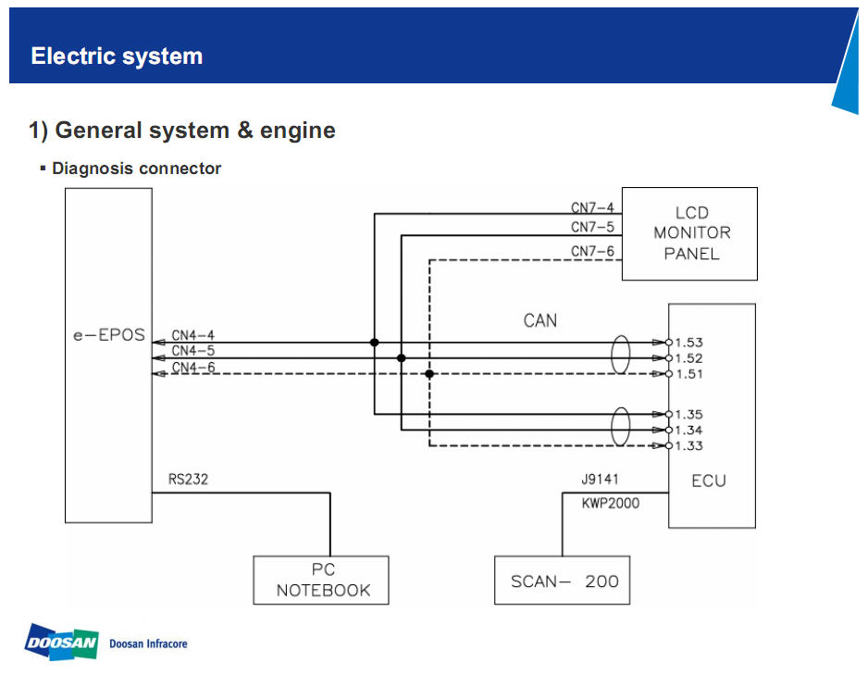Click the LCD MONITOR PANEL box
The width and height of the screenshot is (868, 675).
(x=689, y=233)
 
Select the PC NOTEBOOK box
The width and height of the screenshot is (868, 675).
(x=322, y=580)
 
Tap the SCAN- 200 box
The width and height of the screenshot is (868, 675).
(x=562, y=581)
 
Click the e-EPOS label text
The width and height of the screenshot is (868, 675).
(x=109, y=335)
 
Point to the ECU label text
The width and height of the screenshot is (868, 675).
(x=709, y=481)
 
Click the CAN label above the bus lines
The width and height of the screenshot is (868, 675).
(x=540, y=320)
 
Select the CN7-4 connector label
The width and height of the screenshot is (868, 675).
(x=592, y=208)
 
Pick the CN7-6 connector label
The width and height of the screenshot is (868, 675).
(x=592, y=252)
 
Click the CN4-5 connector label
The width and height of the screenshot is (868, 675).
(x=192, y=351)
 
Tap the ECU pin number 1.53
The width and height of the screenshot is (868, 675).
(x=689, y=343)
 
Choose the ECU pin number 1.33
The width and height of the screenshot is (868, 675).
(x=689, y=446)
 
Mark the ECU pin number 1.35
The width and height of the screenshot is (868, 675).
(x=689, y=415)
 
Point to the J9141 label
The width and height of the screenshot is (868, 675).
(x=600, y=481)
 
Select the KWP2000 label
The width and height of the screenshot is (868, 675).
(x=610, y=503)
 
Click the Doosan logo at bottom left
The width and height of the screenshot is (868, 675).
(x=61, y=642)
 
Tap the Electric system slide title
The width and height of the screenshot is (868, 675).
(x=117, y=56)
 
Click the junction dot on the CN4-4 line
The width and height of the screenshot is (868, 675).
(x=374, y=343)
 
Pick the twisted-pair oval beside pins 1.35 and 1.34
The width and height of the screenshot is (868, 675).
(x=620, y=426)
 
